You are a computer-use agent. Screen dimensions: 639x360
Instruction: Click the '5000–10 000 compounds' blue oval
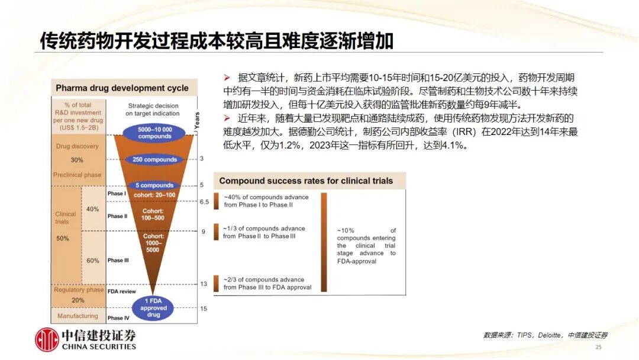[154, 133]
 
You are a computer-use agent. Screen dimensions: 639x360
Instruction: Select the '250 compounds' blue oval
[154, 159]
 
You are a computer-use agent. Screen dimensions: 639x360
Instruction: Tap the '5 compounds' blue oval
[154, 185]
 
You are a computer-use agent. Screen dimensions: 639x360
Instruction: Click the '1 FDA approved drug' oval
[153, 308]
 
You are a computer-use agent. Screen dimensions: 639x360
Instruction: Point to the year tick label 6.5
[204, 202]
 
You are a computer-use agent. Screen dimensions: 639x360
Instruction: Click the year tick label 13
[204, 284]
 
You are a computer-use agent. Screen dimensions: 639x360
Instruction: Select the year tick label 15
[204, 308]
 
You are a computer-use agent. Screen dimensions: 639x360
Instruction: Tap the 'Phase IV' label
[118, 318]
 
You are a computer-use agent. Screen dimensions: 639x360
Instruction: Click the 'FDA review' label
[121, 291]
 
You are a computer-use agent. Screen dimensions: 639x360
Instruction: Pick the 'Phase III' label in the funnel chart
[118, 260]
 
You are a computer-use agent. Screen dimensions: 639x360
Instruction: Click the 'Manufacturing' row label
[78, 316]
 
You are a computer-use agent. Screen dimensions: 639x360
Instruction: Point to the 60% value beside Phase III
[92, 261]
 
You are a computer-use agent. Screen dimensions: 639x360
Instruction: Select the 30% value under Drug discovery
[76, 160]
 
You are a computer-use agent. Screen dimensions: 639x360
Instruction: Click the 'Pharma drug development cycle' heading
[122, 88]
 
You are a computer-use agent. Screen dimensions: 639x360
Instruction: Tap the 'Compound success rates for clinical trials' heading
[306, 181]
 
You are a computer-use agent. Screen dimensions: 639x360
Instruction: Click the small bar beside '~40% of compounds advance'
[217, 201]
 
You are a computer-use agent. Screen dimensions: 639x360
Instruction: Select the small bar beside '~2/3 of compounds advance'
[217, 284]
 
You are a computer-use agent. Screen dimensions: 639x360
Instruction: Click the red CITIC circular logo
[47, 339]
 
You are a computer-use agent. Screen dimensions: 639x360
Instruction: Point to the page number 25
[598, 347]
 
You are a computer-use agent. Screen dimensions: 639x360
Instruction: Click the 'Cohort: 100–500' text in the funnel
[153, 214]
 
